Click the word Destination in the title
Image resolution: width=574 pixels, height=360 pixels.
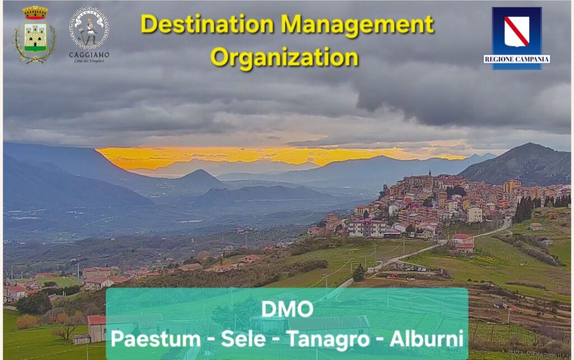(x=207, y=25)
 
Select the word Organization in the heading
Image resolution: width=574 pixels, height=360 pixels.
(x=284, y=58)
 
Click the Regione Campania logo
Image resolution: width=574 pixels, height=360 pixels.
(x=516, y=38)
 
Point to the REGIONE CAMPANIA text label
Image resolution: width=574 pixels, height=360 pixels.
(x=516, y=59)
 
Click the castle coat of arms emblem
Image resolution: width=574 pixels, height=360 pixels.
(x=35, y=35)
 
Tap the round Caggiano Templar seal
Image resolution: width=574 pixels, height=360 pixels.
(x=89, y=28)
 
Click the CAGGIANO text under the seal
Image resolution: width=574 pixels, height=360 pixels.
(x=89, y=55)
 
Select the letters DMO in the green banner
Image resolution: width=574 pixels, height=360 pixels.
(x=288, y=309)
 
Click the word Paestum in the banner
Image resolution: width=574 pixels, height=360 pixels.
(x=156, y=339)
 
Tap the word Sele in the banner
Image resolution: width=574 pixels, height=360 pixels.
(x=243, y=339)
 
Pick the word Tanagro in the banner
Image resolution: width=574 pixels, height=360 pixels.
(x=328, y=339)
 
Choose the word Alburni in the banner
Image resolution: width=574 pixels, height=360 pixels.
(x=427, y=339)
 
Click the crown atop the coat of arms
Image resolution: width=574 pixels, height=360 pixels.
(x=35, y=12)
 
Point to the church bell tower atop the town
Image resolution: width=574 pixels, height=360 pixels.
(x=430, y=173)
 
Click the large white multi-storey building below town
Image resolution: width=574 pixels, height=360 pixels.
(x=367, y=228)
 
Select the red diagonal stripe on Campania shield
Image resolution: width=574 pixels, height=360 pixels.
(x=516, y=31)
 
